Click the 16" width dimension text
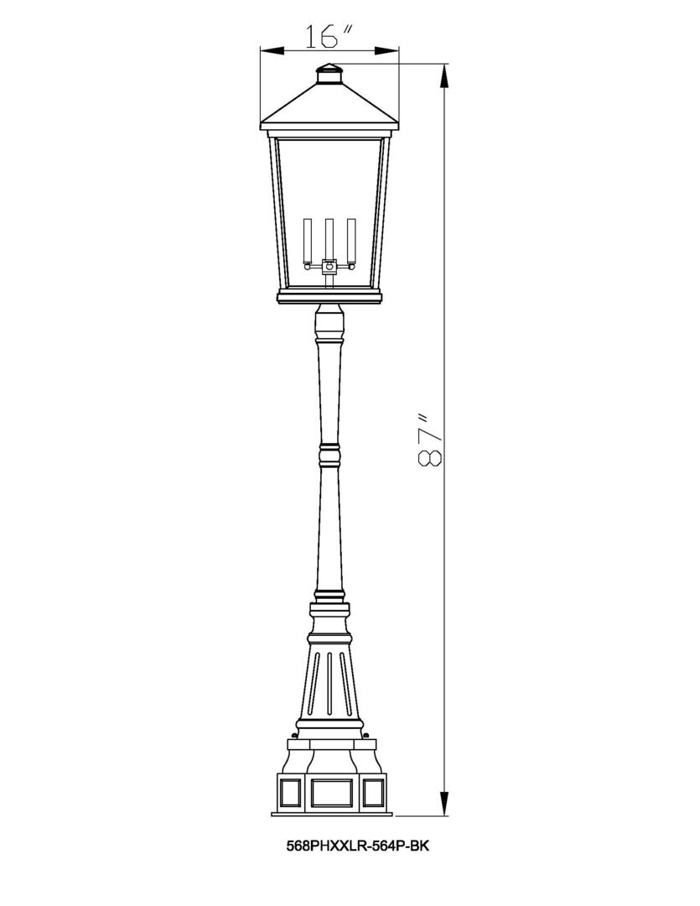click(x=328, y=36)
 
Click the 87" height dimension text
click(x=428, y=440)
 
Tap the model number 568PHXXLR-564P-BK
click(x=358, y=847)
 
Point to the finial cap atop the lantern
click(x=329, y=75)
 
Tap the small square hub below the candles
click(x=329, y=268)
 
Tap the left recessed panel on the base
click(x=291, y=791)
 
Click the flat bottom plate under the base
click(x=329, y=813)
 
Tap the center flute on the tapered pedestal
click(x=329, y=684)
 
